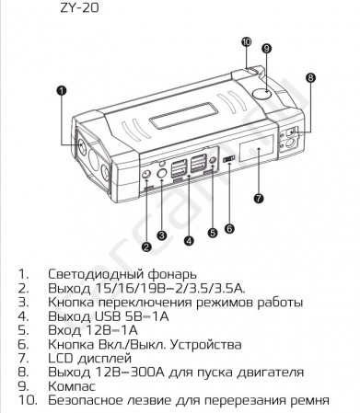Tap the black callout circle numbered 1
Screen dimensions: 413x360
61,90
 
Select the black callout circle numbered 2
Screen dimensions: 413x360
145,245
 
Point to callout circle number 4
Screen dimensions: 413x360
189,241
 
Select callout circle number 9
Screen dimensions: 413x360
266,48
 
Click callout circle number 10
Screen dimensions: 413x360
246,41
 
